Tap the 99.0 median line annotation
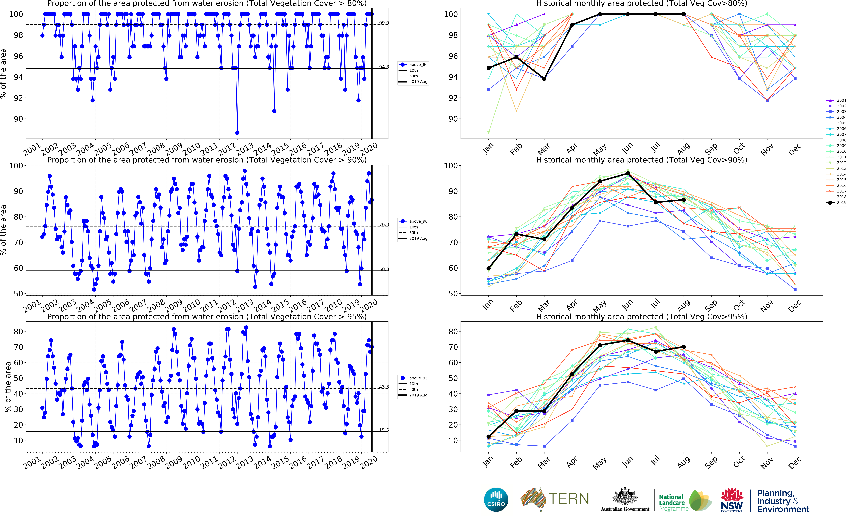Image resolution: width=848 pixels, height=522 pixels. (x=384, y=23)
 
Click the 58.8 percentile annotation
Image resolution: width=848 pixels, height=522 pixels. (x=384, y=269)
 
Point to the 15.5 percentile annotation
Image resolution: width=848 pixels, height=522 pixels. (x=384, y=430)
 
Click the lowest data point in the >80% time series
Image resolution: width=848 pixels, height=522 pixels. (x=237, y=133)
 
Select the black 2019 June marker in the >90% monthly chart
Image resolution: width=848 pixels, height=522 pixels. (x=628, y=173)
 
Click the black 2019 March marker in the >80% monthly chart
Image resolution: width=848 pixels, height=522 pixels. (x=544, y=79)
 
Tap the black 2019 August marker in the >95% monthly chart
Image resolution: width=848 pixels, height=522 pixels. (x=684, y=347)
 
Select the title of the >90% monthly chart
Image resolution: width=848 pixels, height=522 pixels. (x=641, y=160)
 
